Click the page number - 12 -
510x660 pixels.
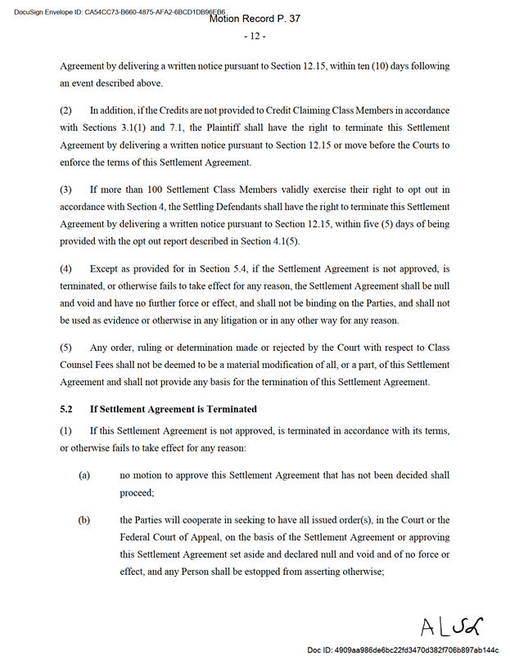(x=255, y=36)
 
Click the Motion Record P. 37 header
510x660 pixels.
(x=255, y=18)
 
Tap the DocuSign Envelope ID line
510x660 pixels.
(x=115, y=11)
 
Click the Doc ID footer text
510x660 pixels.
(x=403, y=650)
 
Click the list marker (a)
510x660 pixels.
(x=84, y=474)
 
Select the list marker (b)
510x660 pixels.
(x=84, y=520)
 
